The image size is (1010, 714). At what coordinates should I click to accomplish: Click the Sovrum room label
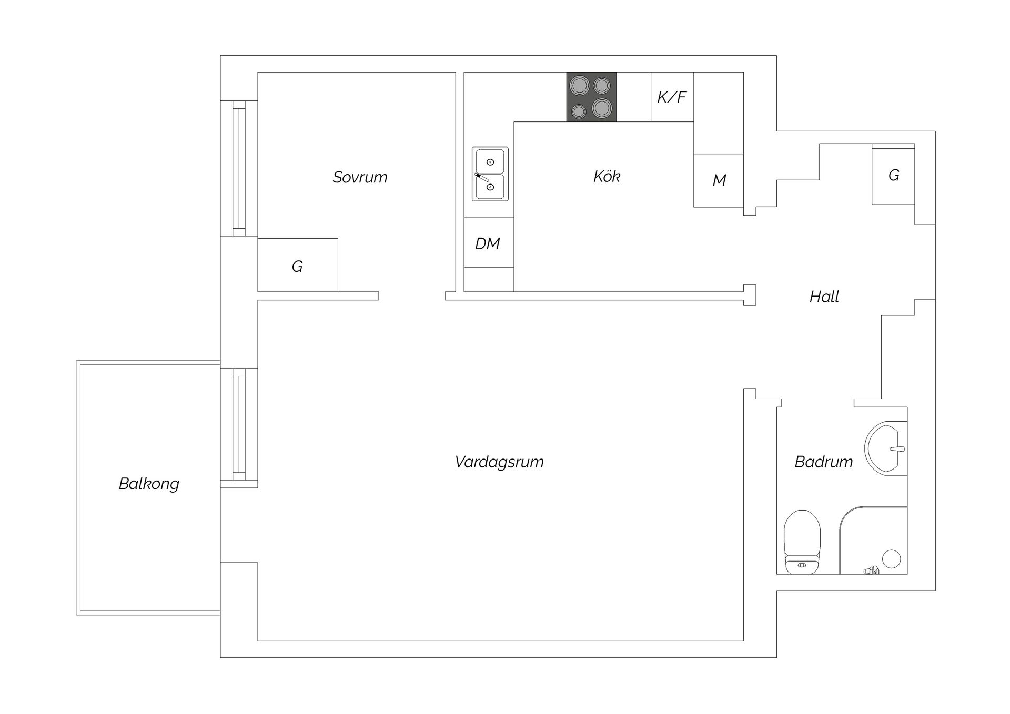(360, 177)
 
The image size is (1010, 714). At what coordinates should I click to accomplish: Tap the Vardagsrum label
(499, 462)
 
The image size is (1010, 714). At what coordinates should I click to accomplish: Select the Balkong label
(149, 484)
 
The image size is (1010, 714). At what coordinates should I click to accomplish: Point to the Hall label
(824, 297)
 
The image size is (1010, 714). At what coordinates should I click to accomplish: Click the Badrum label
(823, 462)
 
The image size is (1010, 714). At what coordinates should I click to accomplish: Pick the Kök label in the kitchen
(607, 176)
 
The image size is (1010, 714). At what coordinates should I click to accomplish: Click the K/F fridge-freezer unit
(672, 97)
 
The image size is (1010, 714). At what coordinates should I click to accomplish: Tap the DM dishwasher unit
(489, 242)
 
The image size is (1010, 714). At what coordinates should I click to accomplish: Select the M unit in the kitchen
(719, 180)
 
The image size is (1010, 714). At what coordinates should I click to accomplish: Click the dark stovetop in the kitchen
(591, 97)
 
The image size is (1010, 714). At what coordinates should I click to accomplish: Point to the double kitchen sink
(490, 174)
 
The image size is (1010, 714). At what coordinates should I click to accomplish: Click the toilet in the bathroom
(802, 542)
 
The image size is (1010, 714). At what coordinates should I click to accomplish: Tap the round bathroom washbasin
(886, 448)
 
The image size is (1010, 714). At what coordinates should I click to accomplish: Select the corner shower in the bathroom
(873, 540)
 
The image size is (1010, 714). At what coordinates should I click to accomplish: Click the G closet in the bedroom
(298, 265)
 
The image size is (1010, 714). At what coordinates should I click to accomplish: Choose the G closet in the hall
(893, 174)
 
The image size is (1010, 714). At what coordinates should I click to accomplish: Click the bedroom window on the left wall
(239, 168)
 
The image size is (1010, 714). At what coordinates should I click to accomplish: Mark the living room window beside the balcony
(239, 425)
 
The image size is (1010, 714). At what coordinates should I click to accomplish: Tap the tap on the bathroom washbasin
(897, 449)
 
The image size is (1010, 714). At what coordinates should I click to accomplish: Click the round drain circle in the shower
(891, 559)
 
